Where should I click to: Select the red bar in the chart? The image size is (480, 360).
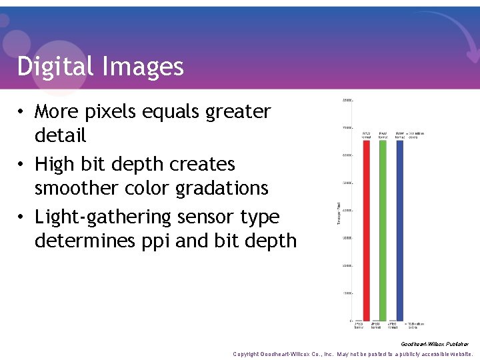point(367,230)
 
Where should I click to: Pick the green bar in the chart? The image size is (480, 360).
point(383,230)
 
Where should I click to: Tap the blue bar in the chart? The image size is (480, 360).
point(400,230)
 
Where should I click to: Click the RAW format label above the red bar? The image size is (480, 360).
point(367,135)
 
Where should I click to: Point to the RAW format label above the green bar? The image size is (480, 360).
point(383,135)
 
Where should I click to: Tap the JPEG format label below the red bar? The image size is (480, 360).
point(359,325)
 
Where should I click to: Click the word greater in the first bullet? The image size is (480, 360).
point(239,111)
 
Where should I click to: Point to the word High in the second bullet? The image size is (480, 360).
point(55,164)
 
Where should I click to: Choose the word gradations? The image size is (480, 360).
point(222,189)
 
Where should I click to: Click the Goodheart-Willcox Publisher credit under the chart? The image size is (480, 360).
point(435,344)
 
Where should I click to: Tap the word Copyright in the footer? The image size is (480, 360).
point(245,354)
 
